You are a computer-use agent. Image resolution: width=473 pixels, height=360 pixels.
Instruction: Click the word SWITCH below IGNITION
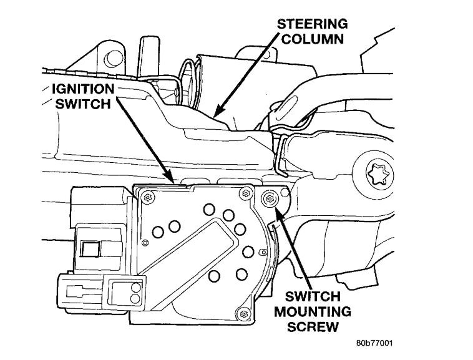click(79, 104)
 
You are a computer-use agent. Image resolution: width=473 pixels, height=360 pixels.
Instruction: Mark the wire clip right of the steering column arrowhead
click(281, 153)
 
